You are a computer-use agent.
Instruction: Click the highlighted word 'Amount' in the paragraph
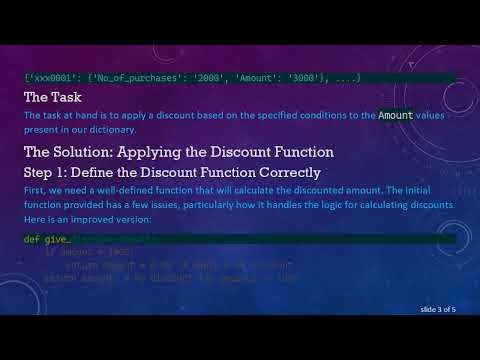395,116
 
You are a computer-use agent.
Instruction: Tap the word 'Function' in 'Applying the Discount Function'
295,152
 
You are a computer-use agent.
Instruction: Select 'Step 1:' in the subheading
48,172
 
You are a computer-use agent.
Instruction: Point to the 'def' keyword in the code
31,240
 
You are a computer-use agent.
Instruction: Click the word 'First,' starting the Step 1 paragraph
36,191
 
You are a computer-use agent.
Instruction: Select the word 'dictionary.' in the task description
110,129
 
